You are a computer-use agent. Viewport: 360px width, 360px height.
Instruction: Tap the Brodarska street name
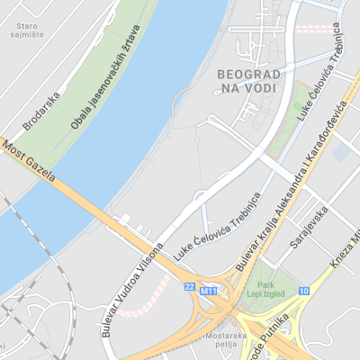[42, 111]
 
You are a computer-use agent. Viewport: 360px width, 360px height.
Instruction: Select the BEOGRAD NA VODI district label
[250, 80]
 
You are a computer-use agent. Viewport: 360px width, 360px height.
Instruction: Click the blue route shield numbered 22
[189, 286]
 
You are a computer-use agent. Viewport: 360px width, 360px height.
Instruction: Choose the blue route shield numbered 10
[304, 291]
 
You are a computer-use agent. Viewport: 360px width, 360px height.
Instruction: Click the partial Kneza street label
[344, 261]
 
